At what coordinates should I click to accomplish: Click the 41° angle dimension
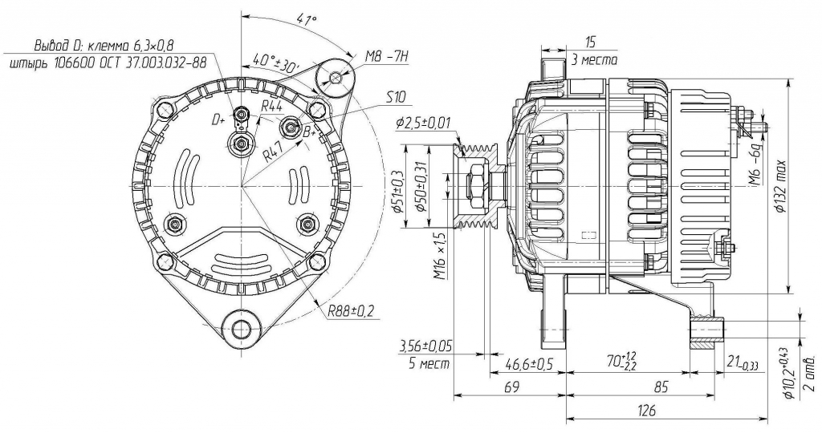coord(307,20)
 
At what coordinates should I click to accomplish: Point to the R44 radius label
coord(272,106)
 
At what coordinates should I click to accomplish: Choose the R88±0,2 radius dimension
coord(351,311)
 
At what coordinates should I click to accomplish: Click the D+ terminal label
coord(218,120)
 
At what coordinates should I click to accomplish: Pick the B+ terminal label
coord(309,132)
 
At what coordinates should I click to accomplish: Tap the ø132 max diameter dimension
coord(779,185)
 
